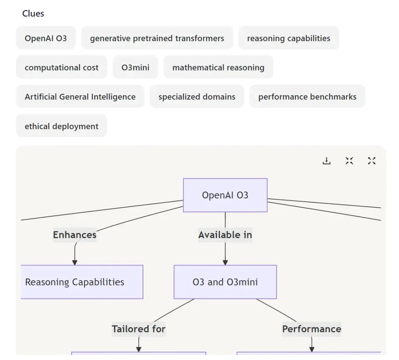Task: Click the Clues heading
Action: pyautogui.click(x=33, y=14)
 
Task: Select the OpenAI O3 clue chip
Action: pyautogui.click(x=46, y=38)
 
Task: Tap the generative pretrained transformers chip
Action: pyautogui.click(x=157, y=38)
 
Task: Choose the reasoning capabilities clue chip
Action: pyautogui.click(x=288, y=38)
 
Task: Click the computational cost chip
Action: pyautogui.click(x=62, y=67)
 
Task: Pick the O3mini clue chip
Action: pyautogui.click(x=135, y=67)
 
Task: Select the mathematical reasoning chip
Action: pyautogui.click(x=218, y=67)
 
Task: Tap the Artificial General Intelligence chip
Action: pyautogui.click(x=80, y=97)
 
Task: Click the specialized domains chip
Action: pyautogui.click(x=197, y=97)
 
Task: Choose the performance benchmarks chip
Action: pyautogui.click(x=307, y=97)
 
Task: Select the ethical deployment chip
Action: pyautogui.click(x=62, y=126)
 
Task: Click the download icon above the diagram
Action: pyautogui.click(x=327, y=161)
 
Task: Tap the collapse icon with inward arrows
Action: pyautogui.click(x=349, y=161)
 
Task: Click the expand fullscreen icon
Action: pyautogui.click(x=372, y=161)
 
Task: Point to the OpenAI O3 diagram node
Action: pyautogui.click(x=225, y=195)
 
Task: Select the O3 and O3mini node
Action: pyautogui.click(x=225, y=282)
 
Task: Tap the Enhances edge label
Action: pyautogui.click(x=74, y=235)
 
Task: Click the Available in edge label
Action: pyautogui.click(x=225, y=235)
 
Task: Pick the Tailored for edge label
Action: pyautogui.click(x=139, y=329)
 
